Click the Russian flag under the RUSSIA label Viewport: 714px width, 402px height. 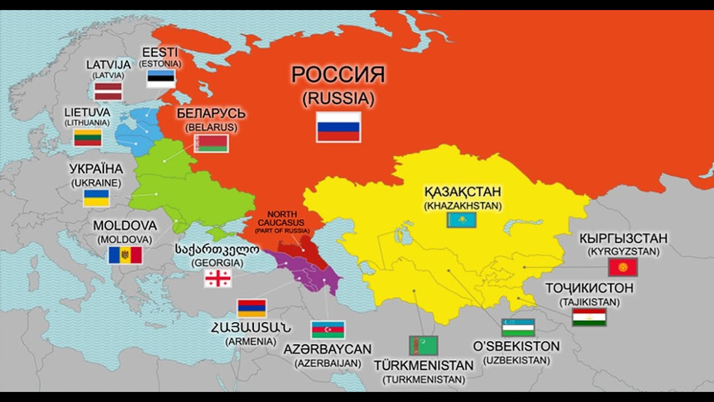339,127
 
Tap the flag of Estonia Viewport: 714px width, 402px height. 161,79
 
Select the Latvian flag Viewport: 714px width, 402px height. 108,91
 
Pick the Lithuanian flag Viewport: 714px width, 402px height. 88,137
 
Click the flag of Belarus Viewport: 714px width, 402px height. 211,143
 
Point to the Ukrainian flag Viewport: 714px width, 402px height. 97,198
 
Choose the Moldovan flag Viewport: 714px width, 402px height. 125,255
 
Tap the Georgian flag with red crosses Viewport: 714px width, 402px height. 218,278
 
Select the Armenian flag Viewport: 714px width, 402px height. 252,308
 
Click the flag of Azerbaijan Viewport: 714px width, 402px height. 328,329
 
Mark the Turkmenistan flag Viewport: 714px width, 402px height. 423,346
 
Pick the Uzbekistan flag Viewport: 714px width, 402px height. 518,327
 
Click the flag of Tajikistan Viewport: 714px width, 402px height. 589,317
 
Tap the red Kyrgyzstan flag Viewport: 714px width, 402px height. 623,267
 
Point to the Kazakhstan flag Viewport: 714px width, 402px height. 461,220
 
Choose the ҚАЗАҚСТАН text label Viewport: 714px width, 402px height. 462,192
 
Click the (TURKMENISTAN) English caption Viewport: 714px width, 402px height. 423,380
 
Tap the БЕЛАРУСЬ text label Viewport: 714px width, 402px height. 211,113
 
